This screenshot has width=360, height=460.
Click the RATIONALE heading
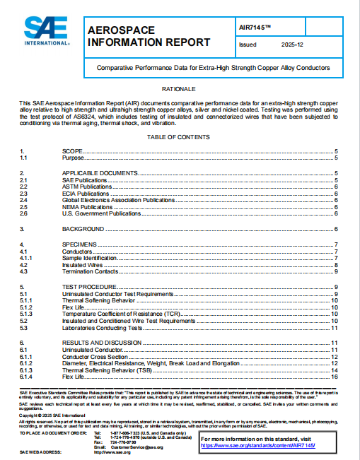pyautogui.click(x=179, y=90)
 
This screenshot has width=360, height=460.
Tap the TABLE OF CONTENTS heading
pyautogui.click(x=179, y=136)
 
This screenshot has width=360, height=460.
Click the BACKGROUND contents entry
pyautogui.click(x=83, y=230)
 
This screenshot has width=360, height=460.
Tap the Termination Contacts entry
pyautogui.click(x=90, y=271)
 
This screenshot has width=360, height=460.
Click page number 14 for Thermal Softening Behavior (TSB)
pyautogui.click(x=335, y=370)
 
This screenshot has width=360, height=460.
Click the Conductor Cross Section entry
pyautogui.click(x=93, y=357)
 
